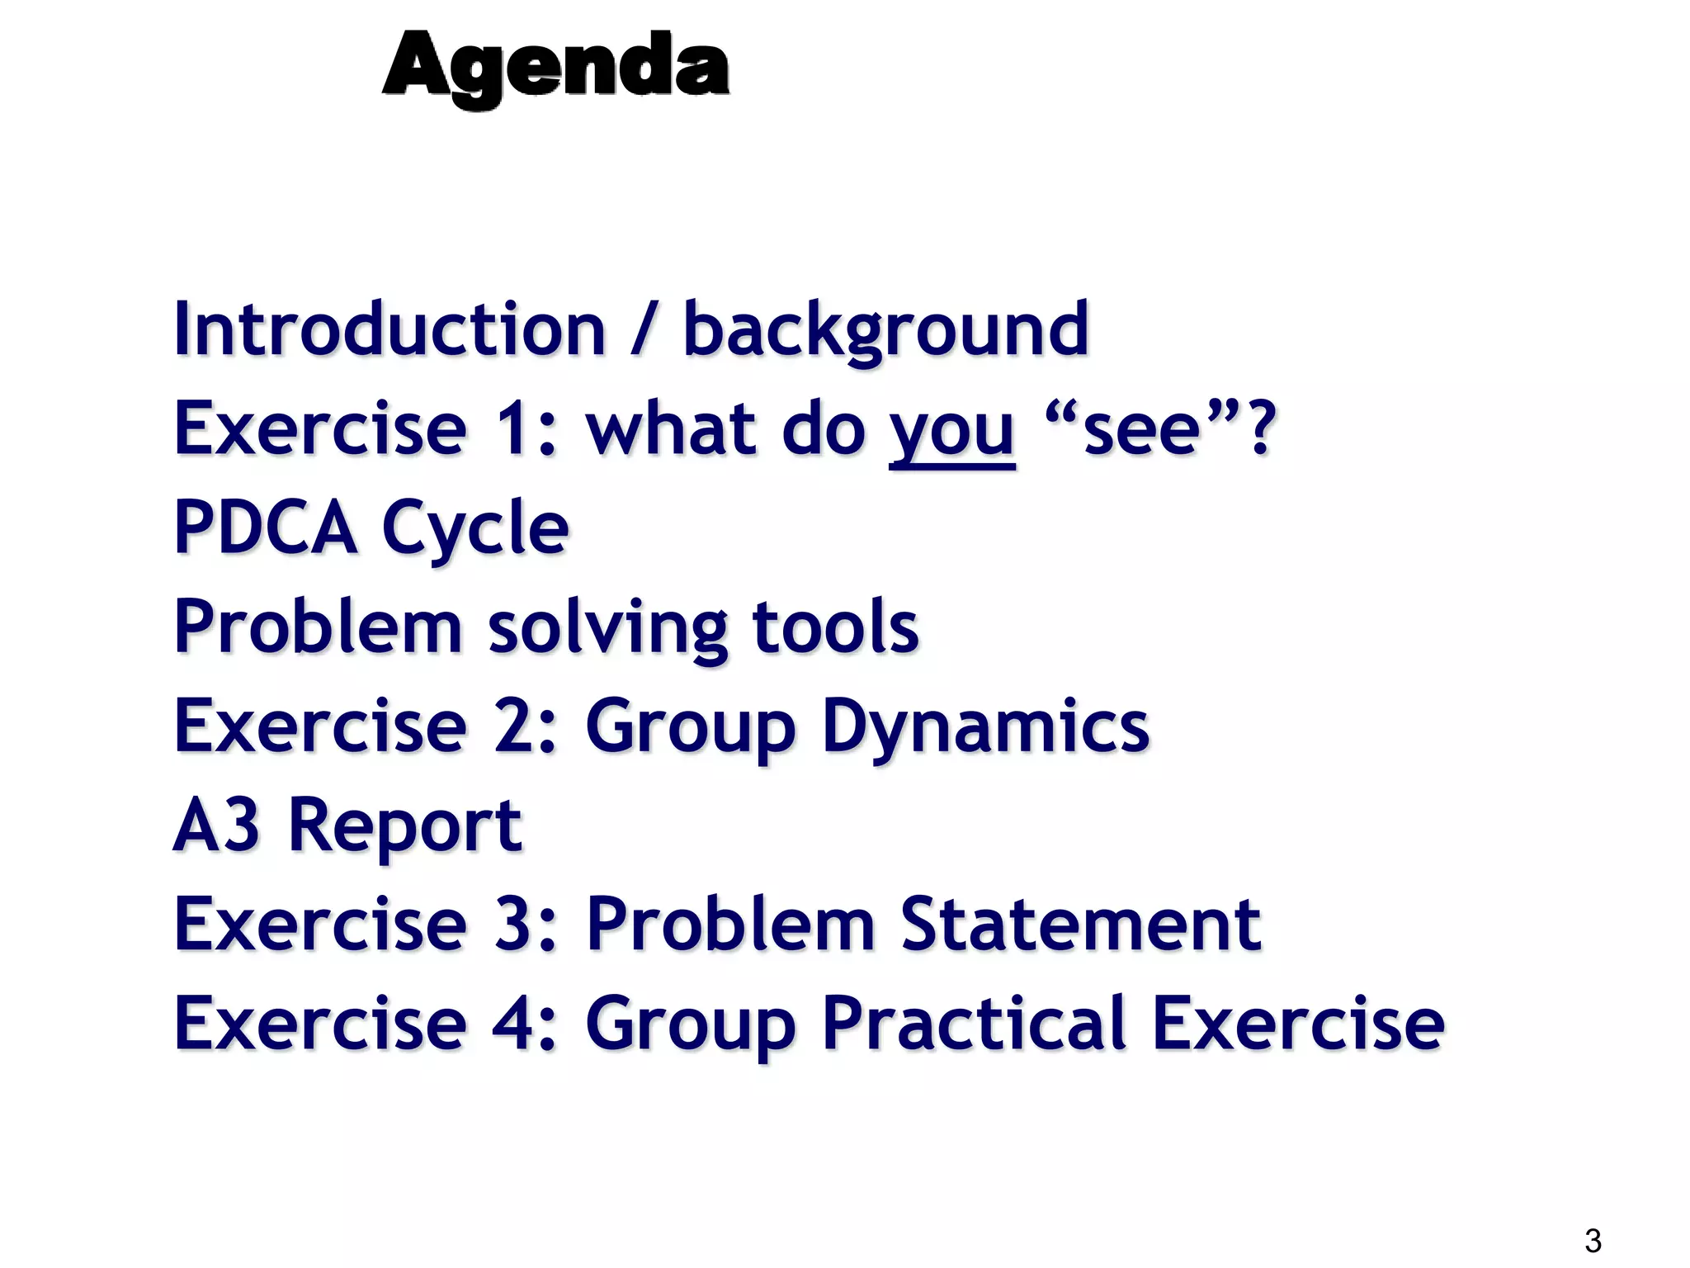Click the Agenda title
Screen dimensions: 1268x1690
pyautogui.click(x=555, y=66)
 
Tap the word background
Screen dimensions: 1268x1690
pyautogui.click(x=885, y=329)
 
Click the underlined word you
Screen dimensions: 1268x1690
pyautogui.click(x=951, y=431)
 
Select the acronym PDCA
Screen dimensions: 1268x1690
pyautogui.click(x=265, y=528)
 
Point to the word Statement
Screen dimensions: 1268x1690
pyautogui.click(x=1080, y=925)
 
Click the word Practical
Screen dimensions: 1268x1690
pyautogui.click(x=974, y=1024)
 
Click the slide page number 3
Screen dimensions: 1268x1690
pyautogui.click(x=1593, y=1241)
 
